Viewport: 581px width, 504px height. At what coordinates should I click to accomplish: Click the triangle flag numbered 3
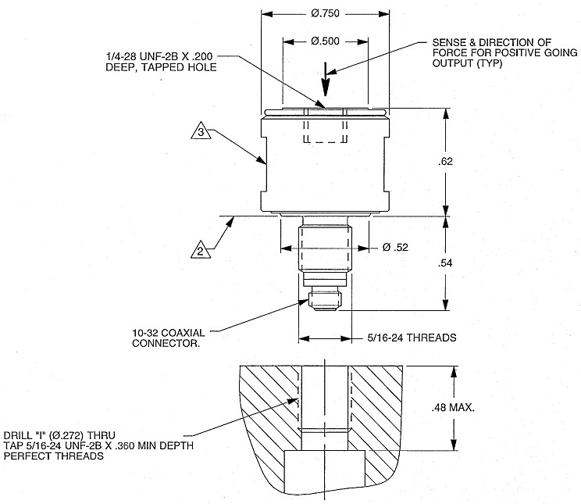[x=201, y=134]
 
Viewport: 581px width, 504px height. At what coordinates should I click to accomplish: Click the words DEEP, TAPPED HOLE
[x=159, y=68]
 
